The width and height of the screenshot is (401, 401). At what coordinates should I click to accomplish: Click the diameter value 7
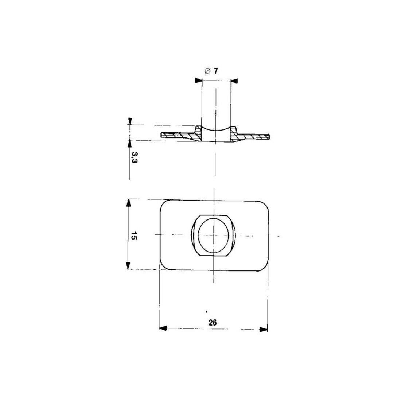pos(216,71)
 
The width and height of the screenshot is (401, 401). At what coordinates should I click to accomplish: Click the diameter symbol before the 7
pos(207,72)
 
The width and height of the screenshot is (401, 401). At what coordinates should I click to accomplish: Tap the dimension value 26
pos(213,323)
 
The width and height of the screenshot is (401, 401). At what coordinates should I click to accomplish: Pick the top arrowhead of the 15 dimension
pos(128,203)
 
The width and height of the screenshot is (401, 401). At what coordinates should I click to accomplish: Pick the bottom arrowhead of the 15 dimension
pos(128,265)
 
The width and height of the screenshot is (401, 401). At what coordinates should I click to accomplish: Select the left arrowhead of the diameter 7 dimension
pos(198,81)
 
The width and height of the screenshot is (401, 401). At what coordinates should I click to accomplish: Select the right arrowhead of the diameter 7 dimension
pos(234,81)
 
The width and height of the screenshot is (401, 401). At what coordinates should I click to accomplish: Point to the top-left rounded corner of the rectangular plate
pos(164,204)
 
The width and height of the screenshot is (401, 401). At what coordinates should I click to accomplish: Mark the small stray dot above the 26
pos(206,311)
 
